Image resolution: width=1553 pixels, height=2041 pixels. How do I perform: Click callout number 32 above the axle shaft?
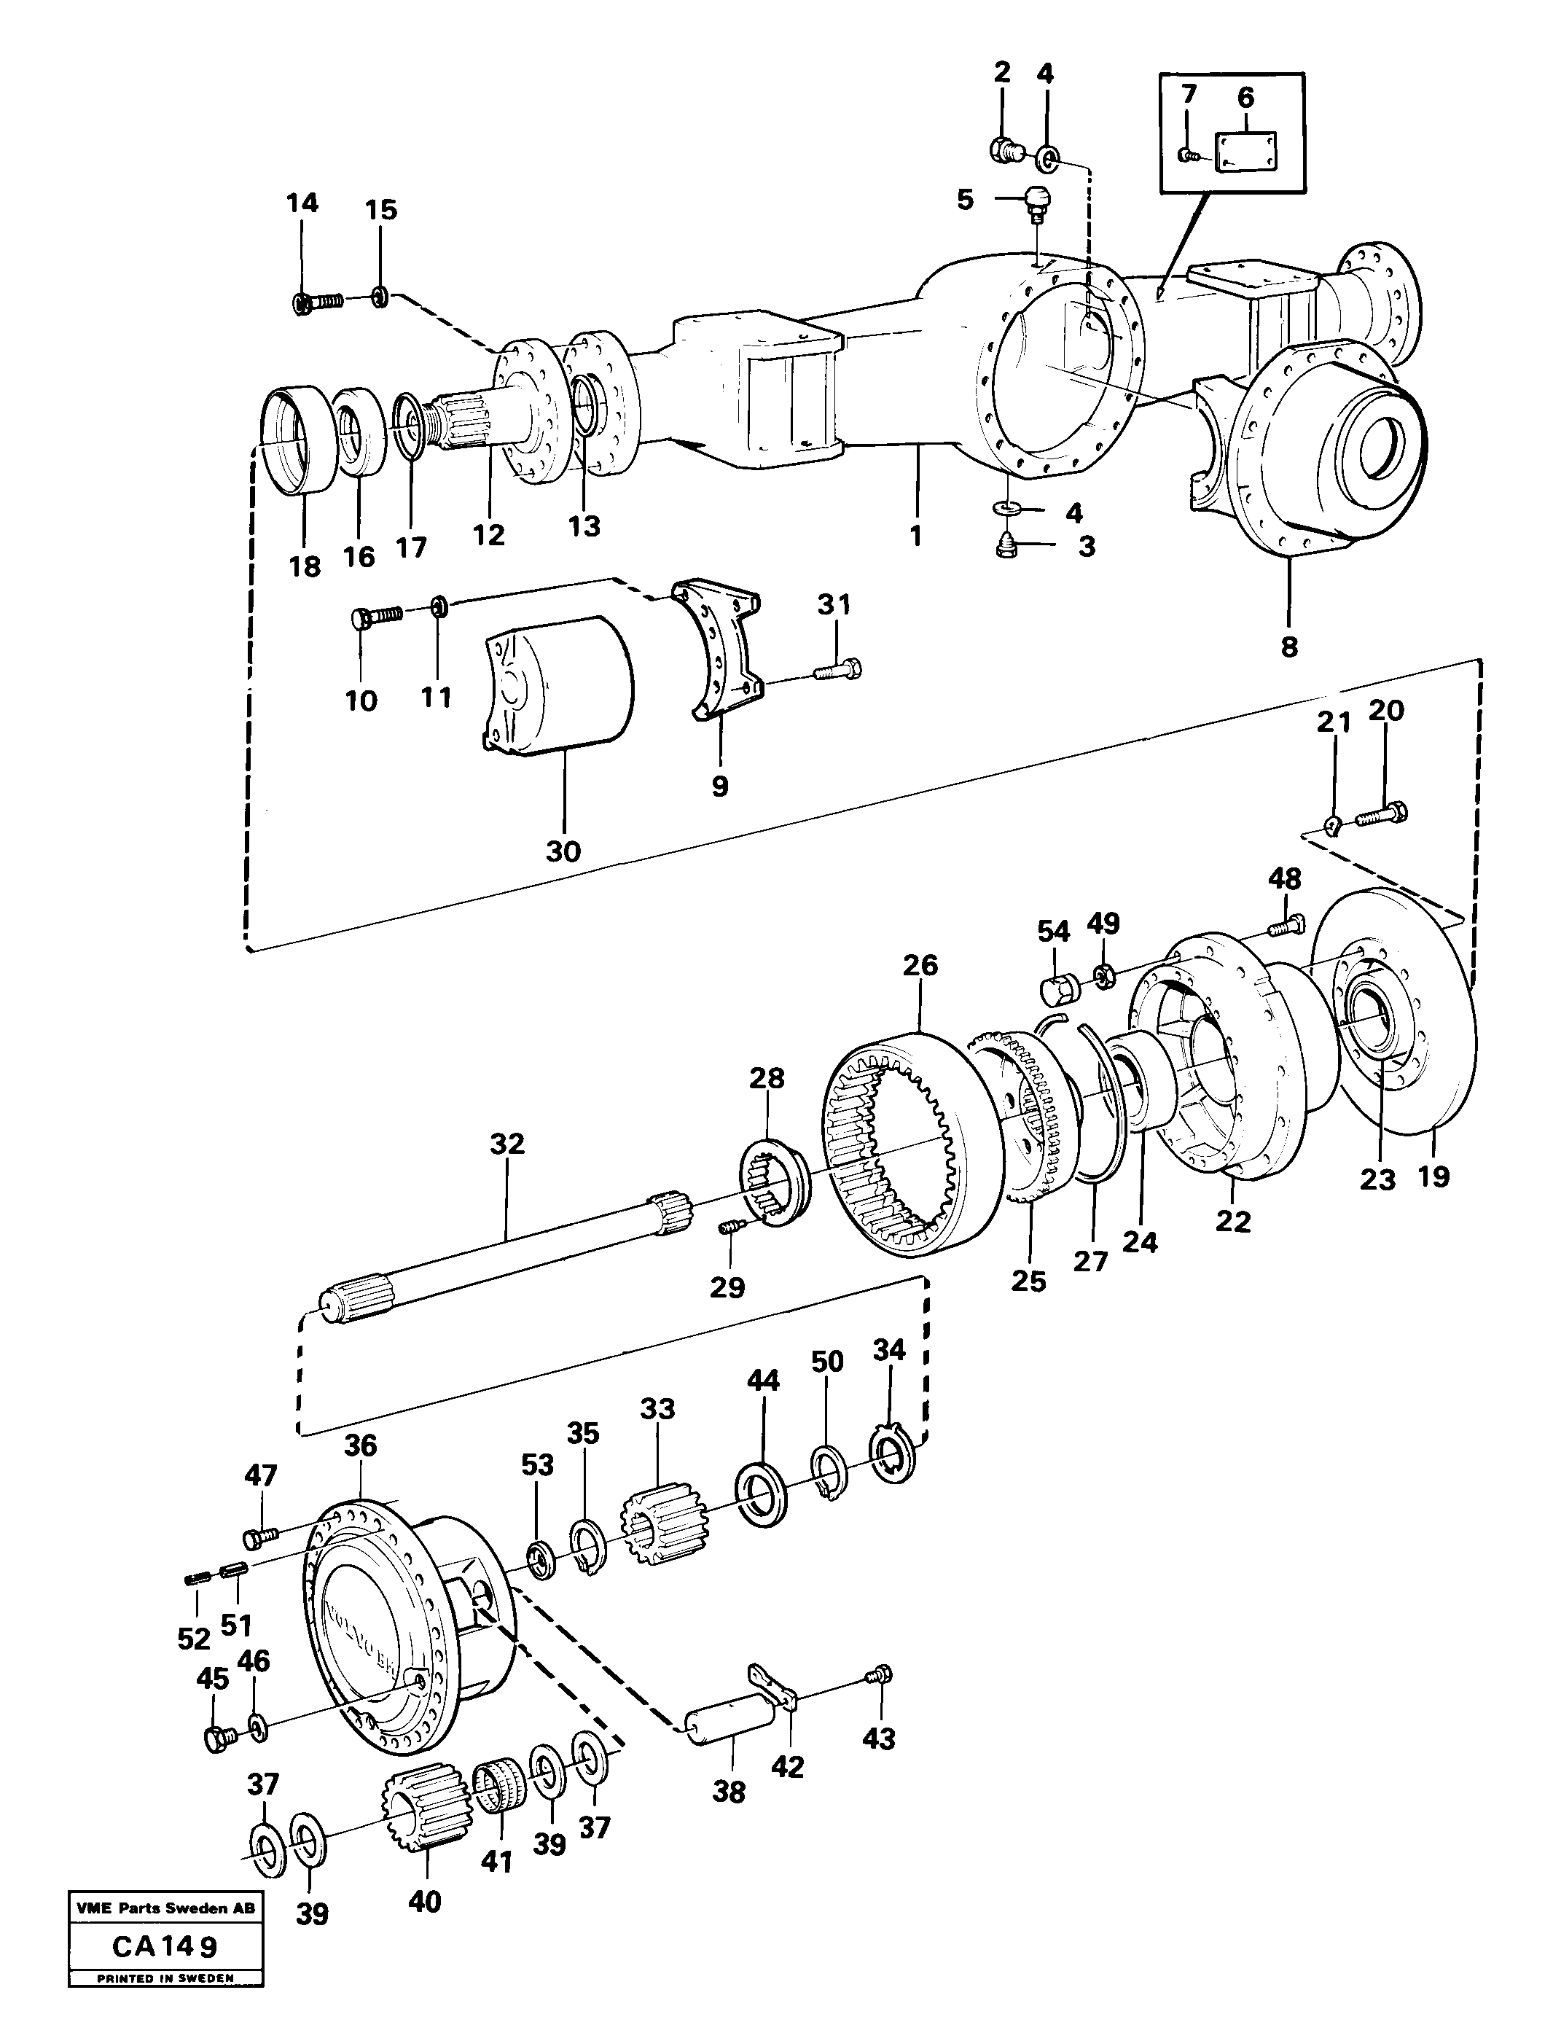[507, 1144]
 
